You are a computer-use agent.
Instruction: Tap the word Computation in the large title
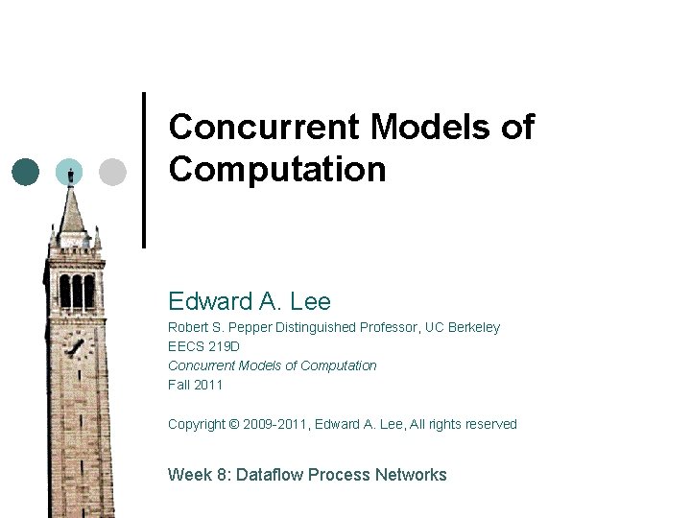pyautogui.click(x=277, y=170)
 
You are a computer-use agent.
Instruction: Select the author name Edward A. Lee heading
pyautogui.click(x=250, y=302)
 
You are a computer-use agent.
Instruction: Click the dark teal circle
pyautogui.click(x=26, y=172)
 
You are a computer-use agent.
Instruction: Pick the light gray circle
pyautogui.click(x=113, y=172)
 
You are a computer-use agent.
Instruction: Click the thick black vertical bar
pyautogui.click(x=144, y=170)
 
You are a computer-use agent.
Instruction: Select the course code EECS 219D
pyautogui.click(x=204, y=346)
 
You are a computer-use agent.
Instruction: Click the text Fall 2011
pyautogui.click(x=196, y=385)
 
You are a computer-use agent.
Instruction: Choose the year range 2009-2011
pyautogui.click(x=275, y=424)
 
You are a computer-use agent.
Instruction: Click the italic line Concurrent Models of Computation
pyautogui.click(x=273, y=365)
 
